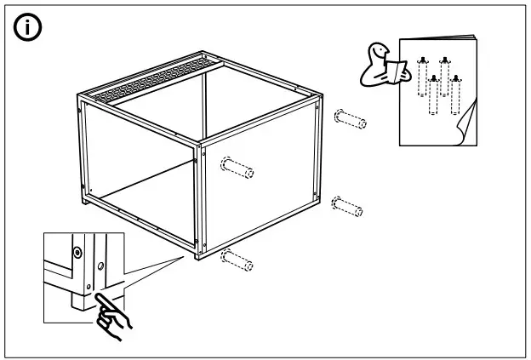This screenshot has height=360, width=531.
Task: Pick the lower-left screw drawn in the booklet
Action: coord(434,94)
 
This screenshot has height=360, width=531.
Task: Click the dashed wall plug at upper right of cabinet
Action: coord(351,118)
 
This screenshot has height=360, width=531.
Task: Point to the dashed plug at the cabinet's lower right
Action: coord(346,207)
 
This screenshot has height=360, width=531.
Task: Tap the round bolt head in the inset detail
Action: coord(77,253)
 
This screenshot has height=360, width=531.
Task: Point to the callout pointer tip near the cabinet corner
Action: coord(186,254)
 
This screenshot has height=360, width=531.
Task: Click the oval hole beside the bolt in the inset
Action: coord(100,267)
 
